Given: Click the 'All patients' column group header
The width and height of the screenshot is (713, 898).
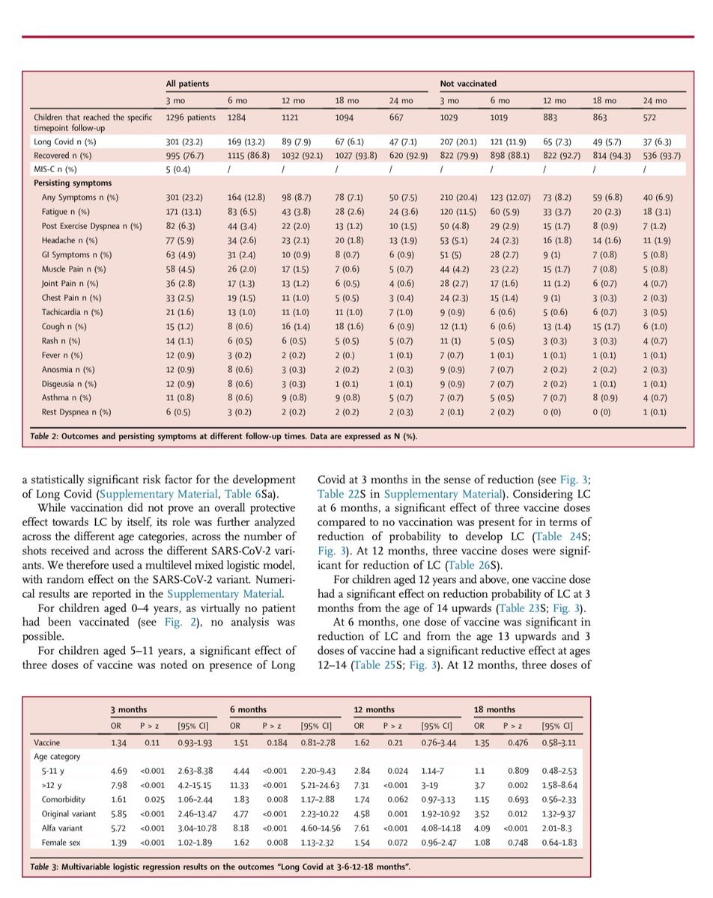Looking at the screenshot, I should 187,85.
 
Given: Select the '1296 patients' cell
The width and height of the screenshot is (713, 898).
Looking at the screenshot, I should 190,117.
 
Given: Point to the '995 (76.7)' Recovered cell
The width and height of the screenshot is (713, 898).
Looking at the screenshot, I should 185,156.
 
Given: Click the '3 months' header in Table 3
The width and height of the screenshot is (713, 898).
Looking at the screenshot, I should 127,709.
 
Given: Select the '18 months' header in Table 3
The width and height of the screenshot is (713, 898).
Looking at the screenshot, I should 494,709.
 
